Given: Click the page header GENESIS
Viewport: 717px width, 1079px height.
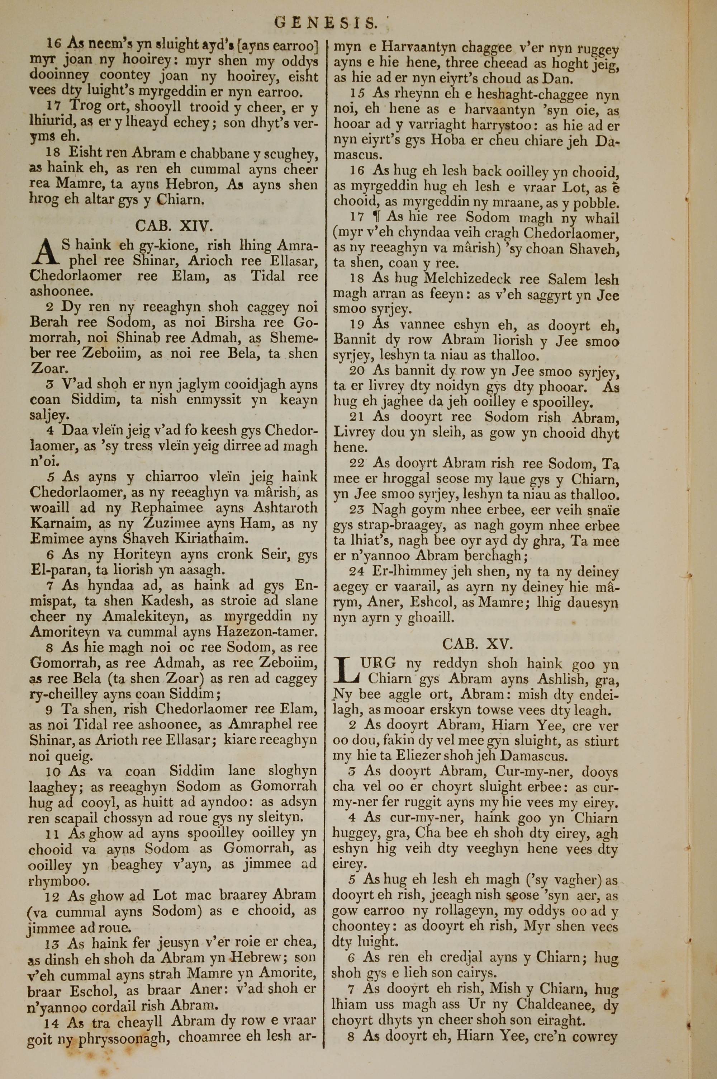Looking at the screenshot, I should (x=326, y=22).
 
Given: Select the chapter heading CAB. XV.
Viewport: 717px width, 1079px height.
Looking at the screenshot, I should (x=478, y=644).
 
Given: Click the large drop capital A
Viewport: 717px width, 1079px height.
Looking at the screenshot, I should (x=44, y=253).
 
